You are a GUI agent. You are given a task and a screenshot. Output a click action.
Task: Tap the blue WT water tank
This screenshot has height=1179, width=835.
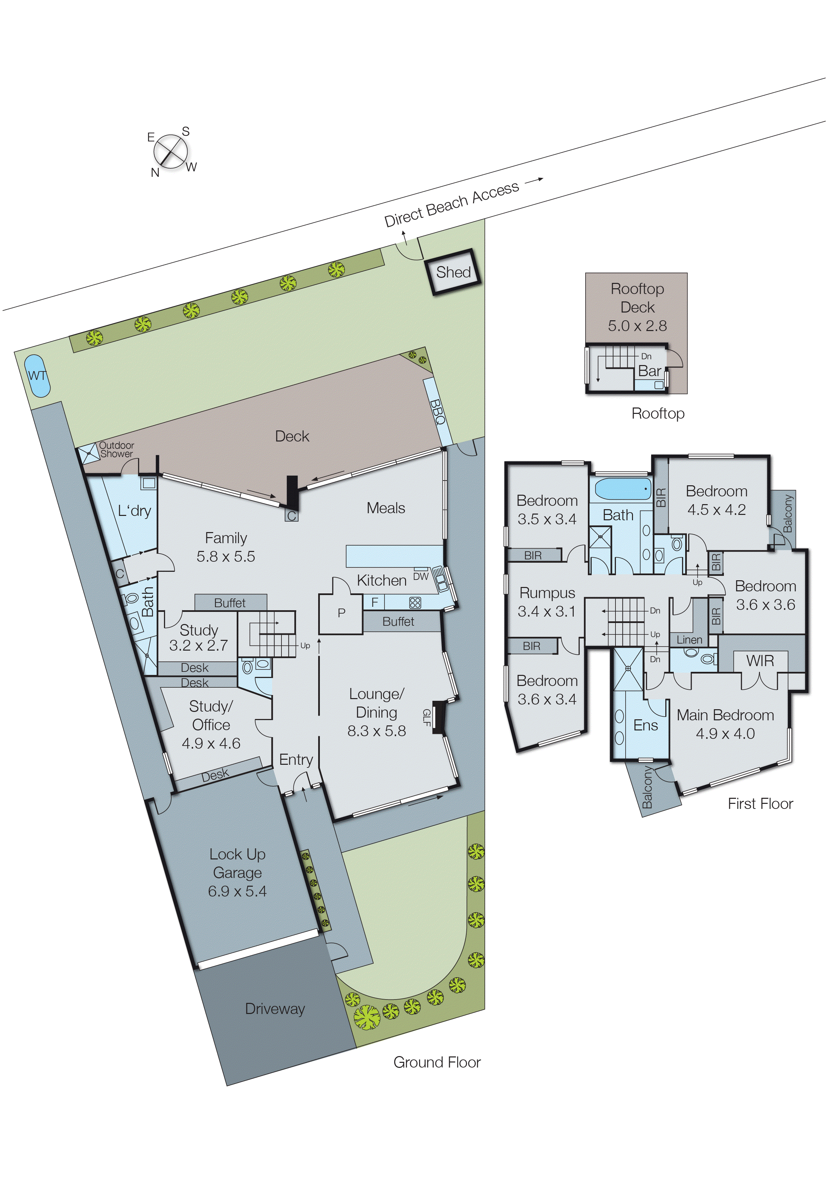click(37, 376)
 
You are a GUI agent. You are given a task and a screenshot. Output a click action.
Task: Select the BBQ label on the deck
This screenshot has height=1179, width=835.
click(437, 411)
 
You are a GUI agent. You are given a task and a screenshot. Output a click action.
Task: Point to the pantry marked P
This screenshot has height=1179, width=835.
click(341, 613)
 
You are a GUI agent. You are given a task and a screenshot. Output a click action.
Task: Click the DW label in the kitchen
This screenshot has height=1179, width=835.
click(421, 577)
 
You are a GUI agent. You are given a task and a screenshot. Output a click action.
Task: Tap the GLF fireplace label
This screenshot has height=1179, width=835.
click(426, 717)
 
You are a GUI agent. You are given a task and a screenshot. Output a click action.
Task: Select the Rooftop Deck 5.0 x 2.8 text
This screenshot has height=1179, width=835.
click(637, 307)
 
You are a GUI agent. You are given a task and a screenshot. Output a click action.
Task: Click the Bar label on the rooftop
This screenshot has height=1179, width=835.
click(649, 371)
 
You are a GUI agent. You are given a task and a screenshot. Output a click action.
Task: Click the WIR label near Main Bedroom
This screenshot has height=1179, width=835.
click(760, 661)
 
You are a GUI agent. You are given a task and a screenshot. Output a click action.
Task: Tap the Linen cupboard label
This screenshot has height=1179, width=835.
click(689, 640)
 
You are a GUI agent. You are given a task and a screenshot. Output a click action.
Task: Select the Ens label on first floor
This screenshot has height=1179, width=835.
click(645, 725)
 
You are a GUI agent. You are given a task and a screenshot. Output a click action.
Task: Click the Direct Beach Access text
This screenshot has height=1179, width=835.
click(452, 204)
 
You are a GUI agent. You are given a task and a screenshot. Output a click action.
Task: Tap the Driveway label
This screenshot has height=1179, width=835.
click(274, 1009)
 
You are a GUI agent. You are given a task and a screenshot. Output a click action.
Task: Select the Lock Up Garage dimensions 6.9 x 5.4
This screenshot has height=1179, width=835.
click(237, 891)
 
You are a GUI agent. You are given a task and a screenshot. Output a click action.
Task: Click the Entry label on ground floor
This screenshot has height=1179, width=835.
click(296, 759)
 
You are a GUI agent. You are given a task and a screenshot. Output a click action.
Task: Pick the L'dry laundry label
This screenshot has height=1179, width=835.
click(134, 511)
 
